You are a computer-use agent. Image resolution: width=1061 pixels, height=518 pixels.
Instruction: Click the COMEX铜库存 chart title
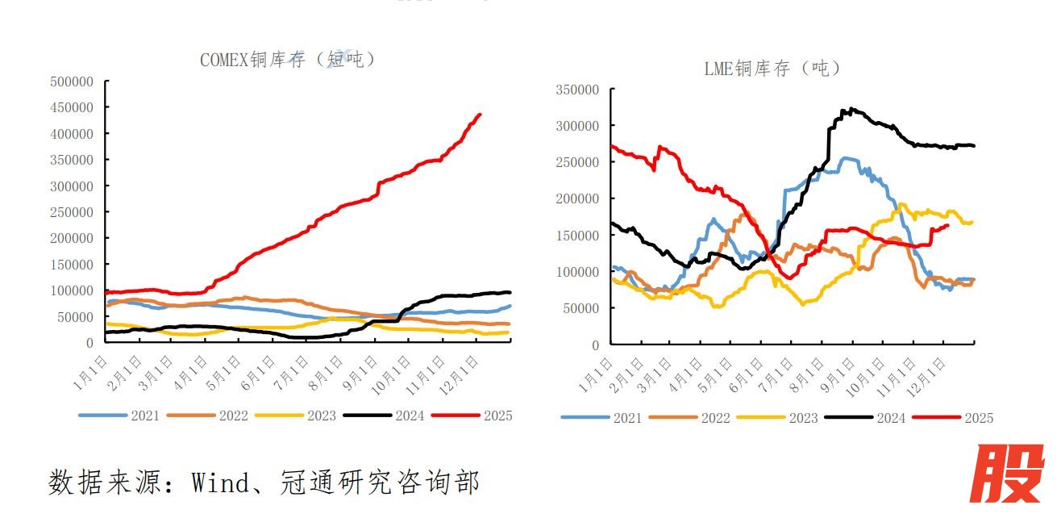pyautogui.click(x=287, y=60)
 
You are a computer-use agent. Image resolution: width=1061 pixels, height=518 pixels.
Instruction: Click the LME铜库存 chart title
pyautogui.click(x=772, y=69)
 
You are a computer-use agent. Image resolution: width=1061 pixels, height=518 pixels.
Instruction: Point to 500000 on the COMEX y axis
pyautogui.click(x=72, y=81)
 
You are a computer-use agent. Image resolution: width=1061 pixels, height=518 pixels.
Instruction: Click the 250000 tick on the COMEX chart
pyautogui.click(x=72, y=212)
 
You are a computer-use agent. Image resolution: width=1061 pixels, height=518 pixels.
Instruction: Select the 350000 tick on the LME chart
pyautogui.click(x=576, y=90)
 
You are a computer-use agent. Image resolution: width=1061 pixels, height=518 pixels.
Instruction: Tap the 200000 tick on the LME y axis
pyautogui.click(x=576, y=198)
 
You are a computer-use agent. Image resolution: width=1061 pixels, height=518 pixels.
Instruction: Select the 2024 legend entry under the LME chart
pyautogui.click(x=890, y=418)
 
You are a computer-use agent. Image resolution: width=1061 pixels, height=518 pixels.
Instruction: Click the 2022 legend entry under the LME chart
pyautogui.click(x=714, y=418)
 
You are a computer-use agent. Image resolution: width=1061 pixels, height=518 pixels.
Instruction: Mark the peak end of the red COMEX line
pyautogui.click(x=480, y=115)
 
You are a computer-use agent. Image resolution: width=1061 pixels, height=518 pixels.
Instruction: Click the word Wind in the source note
pyautogui.click(x=221, y=482)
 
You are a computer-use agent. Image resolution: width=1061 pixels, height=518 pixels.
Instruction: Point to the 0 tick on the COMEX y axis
pyautogui.click(x=89, y=343)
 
